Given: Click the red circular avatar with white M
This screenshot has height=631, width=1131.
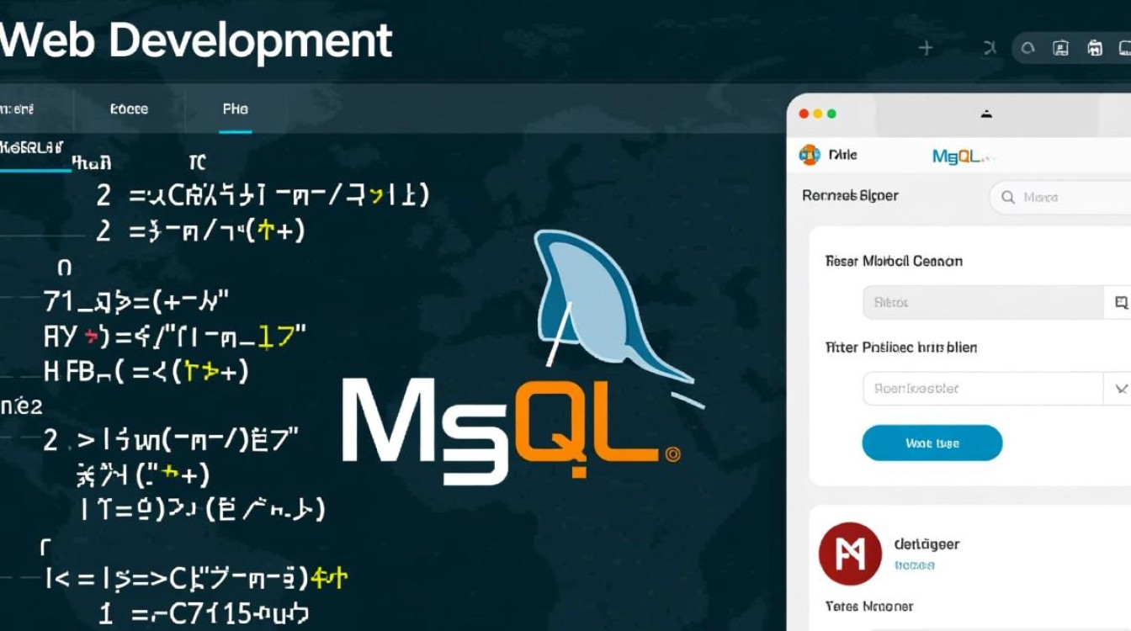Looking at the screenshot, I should tap(850, 554).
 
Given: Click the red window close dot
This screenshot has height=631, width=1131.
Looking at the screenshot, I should tap(803, 114).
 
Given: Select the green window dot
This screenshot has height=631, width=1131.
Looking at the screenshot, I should tap(831, 114).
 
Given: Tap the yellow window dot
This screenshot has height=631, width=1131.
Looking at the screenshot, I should tap(817, 114).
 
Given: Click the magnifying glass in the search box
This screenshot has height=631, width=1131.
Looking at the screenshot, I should tap(1007, 198).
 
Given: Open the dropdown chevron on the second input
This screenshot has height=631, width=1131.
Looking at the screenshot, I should tap(1120, 389).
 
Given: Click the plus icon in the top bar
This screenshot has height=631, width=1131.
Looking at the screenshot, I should tap(926, 49).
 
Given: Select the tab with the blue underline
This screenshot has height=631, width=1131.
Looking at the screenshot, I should tap(236, 109).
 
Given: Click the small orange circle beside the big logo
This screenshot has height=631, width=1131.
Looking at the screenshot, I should tap(672, 455).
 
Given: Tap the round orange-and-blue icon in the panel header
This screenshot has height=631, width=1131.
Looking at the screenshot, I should tap(809, 155).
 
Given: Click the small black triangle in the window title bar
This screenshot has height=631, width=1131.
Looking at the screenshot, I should tap(986, 114).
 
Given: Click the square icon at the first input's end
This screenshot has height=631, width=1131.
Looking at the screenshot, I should tap(1120, 302).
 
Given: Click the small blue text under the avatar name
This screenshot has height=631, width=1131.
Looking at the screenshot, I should tap(915, 565).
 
